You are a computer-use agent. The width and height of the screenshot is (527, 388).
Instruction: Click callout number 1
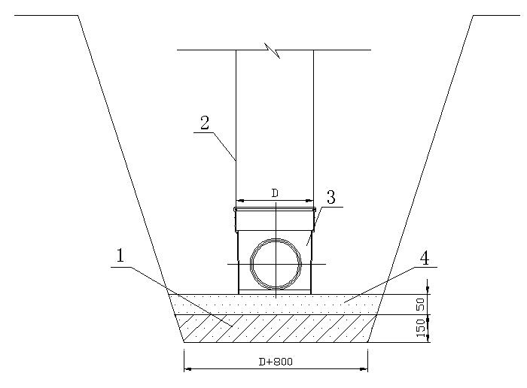120,256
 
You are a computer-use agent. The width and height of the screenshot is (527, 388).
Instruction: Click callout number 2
205,123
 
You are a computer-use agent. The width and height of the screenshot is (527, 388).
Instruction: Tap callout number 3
331,197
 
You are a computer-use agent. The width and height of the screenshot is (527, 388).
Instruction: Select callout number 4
425,258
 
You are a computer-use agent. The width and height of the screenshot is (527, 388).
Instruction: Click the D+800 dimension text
276,362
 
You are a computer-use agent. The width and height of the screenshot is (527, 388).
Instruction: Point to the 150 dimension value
421,329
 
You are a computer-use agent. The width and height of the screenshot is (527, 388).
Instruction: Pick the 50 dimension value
421,304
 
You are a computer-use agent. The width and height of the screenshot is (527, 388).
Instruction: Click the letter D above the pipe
275,193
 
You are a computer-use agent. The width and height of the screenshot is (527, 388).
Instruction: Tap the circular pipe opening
276,264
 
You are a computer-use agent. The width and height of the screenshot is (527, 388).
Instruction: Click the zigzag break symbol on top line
273,50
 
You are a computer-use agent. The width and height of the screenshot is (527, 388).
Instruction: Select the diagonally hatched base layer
276,329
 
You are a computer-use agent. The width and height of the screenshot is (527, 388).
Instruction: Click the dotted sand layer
276,305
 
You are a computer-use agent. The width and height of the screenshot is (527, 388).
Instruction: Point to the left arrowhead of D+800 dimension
188,369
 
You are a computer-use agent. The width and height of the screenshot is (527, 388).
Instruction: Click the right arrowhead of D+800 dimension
364,369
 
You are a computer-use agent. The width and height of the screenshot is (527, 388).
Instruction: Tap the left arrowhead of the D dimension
240,201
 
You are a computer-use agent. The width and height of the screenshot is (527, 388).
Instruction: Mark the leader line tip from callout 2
236,160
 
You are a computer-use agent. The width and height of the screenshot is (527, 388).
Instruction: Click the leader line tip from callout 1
232,326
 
